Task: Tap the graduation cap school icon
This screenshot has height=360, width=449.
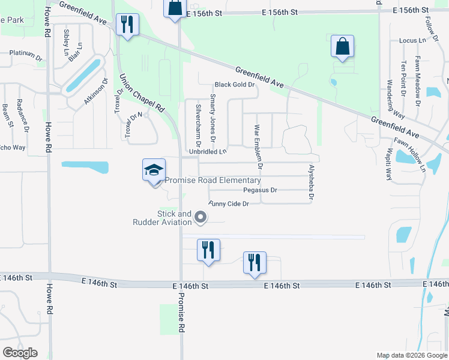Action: pyautogui.click(x=154, y=170)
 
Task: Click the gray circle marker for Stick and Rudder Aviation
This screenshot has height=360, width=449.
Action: pyautogui.click(x=201, y=218)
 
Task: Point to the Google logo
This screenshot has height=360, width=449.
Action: pyautogui.click(x=20, y=353)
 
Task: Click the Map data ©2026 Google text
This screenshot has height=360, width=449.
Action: pyautogui.click(x=412, y=355)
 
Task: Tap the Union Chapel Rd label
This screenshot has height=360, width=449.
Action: pyautogui.click(x=142, y=93)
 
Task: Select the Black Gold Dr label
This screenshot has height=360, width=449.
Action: pyautogui.click(x=235, y=85)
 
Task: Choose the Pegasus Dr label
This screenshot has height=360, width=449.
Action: pyautogui.click(x=260, y=190)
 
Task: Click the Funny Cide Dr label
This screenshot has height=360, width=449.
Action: pyautogui.click(x=229, y=204)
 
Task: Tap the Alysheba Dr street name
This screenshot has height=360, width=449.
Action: pyautogui.click(x=312, y=182)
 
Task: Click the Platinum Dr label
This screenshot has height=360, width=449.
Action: pyautogui.click(x=26, y=53)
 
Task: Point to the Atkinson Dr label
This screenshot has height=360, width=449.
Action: pyautogui.click(x=96, y=92)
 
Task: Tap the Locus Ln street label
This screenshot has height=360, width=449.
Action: pyautogui.click(x=412, y=41)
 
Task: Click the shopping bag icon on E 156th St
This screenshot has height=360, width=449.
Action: pyautogui.click(x=175, y=9)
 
